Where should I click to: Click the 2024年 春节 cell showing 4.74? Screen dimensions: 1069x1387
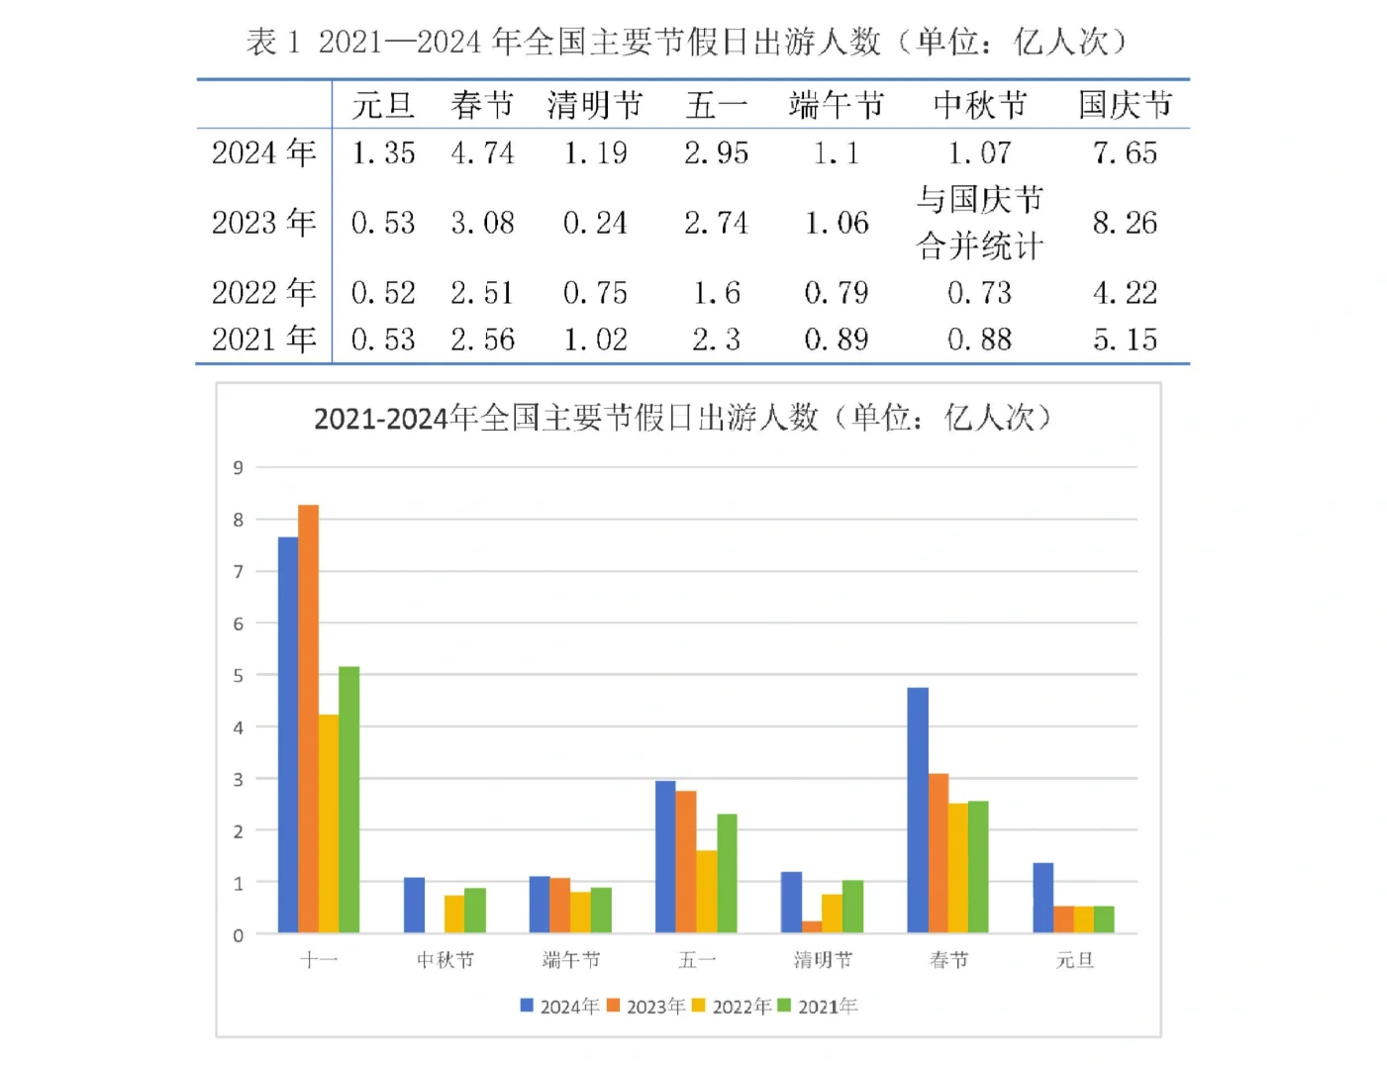[x=482, y=152]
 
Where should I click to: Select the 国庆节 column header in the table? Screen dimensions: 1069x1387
[x=1125, y=104]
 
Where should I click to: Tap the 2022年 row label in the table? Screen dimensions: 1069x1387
[x=262, y=292]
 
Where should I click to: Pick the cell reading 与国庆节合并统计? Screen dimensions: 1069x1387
[x=979, y=223]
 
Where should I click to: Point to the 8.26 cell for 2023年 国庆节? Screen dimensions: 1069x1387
[x=1125, y=223]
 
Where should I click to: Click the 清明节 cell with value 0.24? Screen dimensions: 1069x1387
[x=595, y=223]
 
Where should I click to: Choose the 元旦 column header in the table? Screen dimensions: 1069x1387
[x=382, y=104]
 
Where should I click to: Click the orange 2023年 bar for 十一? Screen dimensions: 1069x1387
[x=308, y=719]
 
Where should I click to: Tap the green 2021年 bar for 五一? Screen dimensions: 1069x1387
[x=727, y=873]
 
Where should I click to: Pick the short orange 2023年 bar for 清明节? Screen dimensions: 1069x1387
[x=812, y=927]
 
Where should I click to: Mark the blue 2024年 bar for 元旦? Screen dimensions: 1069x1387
[x=1042, y=898]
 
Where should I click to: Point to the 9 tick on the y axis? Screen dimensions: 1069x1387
[x=238, y=467]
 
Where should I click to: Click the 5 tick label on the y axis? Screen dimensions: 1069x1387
[x=238, y=675]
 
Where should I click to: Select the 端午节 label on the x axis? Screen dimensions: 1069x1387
[x=571, y=959]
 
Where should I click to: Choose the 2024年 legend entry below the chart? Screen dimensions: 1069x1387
[x=559, y=1006]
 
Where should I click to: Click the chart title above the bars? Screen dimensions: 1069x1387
[x=682, y=418]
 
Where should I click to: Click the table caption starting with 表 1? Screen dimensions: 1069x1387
[x=686, y=42]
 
